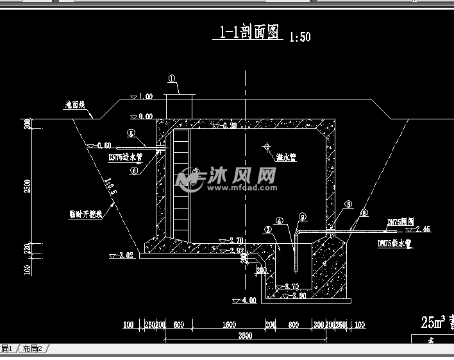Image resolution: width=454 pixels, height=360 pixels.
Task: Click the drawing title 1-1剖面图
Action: click(250, 33)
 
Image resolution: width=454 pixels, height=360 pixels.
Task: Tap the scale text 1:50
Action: click(299, 37)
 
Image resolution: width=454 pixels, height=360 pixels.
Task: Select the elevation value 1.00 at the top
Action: click(146, 96)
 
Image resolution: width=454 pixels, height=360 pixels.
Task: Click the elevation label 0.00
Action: click(146, 116)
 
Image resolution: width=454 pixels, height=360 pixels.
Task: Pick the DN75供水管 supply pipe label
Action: click(392, 244)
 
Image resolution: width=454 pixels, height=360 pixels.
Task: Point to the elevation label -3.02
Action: click(125, 255)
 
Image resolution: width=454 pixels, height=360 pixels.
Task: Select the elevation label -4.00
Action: click(248, 300)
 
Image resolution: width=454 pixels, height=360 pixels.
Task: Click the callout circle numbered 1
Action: click(172, 79)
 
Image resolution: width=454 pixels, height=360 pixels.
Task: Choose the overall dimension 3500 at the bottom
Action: click(244, 336)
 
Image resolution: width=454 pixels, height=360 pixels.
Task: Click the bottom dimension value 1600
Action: click(228, 325)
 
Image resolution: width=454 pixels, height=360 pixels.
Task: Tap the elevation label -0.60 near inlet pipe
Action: click(103, 145)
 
